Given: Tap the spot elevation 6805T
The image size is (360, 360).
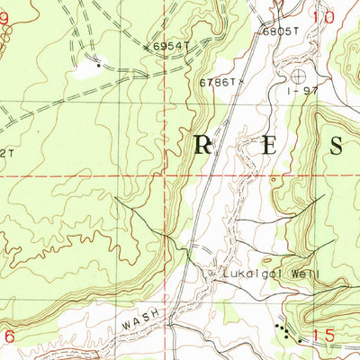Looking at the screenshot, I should tap(279, 31).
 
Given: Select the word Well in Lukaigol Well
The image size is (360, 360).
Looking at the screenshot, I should tap(303, 271).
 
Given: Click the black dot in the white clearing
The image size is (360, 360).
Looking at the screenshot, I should tap(97, 65).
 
